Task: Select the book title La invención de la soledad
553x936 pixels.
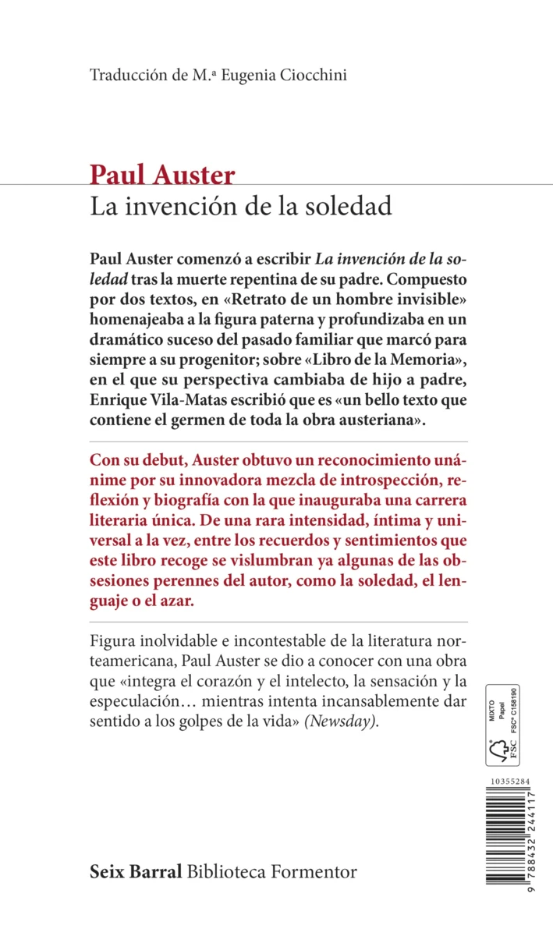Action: [x=241, y=207]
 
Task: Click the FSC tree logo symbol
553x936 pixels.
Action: [x=497, y=751]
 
